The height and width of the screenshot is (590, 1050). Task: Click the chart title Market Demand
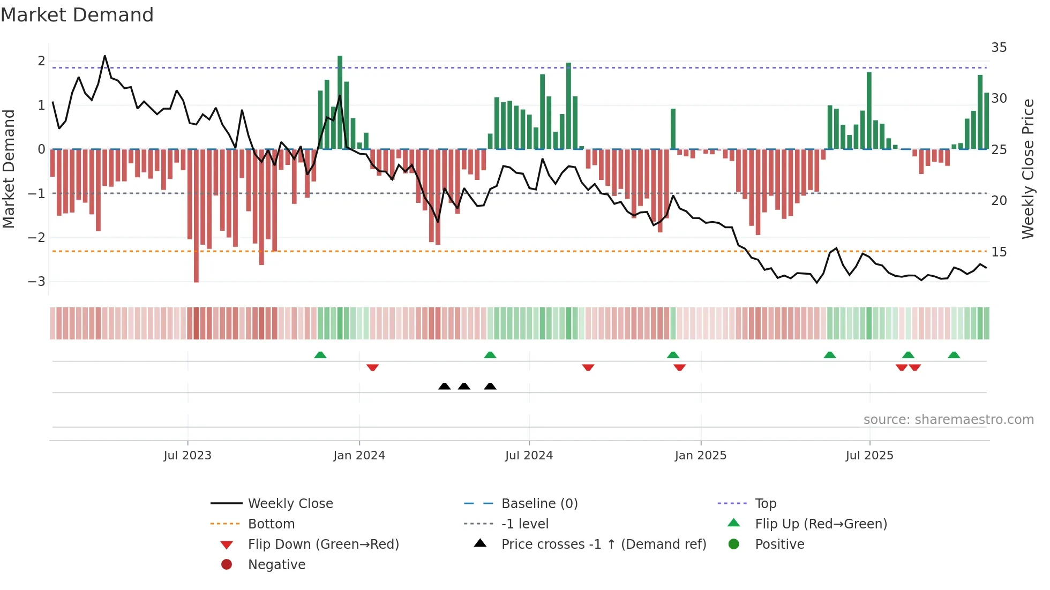77,15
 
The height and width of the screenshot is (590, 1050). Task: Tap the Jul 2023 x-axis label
187,456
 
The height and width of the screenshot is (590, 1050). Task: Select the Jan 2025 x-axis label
700,456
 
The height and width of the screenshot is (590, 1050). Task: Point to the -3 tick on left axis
37,282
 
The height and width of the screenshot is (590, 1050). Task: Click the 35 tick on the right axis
999,48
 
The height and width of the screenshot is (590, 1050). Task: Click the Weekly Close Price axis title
1027,169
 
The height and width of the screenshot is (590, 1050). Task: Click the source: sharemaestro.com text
948,420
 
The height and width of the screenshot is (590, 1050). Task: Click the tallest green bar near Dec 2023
340,102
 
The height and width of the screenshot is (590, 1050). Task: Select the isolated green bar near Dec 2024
673,128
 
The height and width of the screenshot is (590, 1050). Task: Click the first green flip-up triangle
320,355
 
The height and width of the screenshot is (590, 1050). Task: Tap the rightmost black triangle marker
490,386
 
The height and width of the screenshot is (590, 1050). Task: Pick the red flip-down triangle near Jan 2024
372,367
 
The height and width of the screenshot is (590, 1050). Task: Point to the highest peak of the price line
104,56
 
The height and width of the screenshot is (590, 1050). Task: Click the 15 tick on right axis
999,252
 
